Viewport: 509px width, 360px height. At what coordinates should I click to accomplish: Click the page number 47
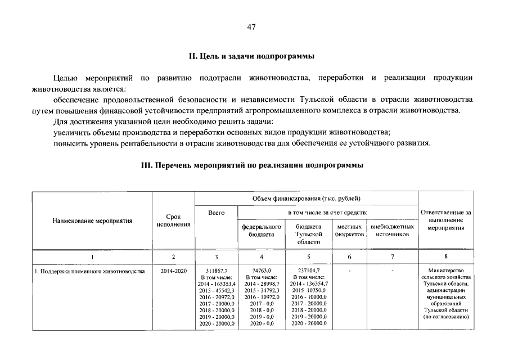[251, 29]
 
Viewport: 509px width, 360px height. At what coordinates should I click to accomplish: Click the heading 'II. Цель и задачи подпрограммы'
[251, 56]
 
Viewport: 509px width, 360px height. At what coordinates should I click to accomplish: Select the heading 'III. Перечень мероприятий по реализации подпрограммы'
[251, 165]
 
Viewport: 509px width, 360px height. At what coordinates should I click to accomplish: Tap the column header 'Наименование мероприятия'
[92, 221]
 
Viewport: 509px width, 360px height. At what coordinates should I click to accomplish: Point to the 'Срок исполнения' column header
[173, 220]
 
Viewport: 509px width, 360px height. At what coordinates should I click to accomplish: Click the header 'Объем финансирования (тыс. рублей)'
[307, 199]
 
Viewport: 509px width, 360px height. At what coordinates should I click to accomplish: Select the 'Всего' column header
[216, 213]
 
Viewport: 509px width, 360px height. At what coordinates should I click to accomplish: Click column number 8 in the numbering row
[445, 256]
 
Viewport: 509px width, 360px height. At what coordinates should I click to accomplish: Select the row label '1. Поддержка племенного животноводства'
[89, 271]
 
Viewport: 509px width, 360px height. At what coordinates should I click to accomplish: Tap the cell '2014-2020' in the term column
[173, 271]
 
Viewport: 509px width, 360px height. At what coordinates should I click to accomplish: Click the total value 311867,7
[217, 271]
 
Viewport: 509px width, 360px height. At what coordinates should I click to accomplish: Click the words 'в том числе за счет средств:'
[327, 213]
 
